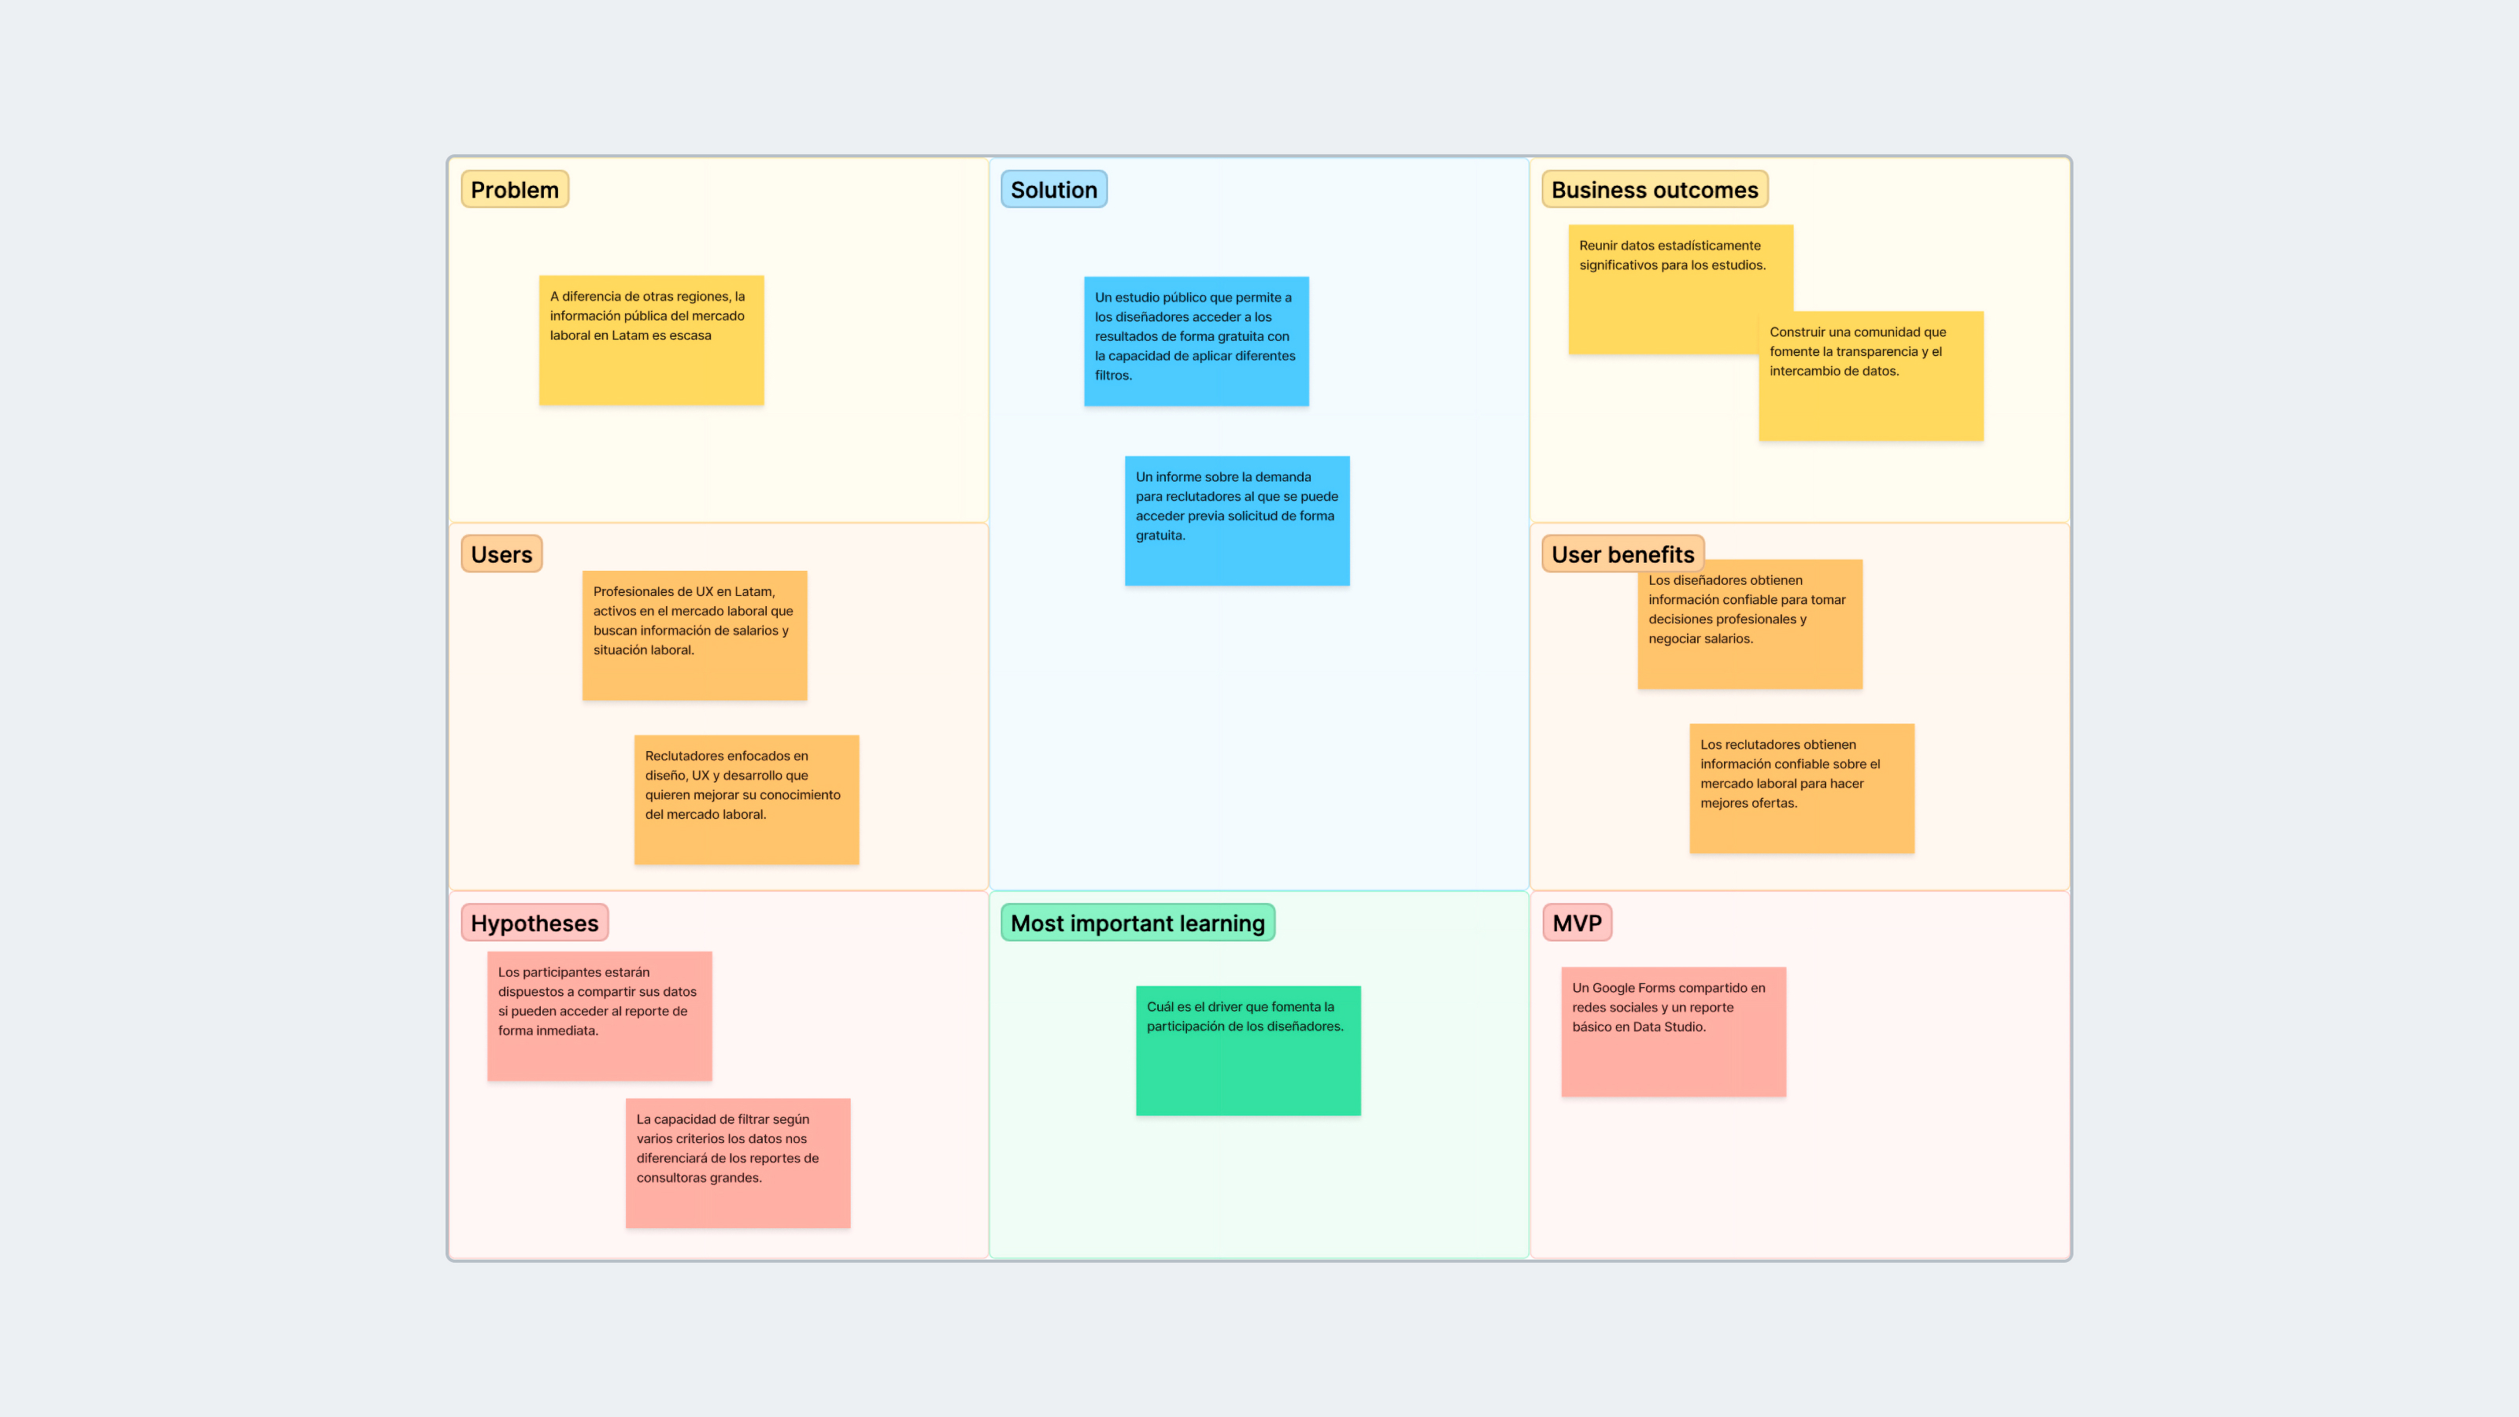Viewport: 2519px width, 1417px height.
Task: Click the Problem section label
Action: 514,190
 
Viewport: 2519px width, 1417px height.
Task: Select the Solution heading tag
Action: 1053,190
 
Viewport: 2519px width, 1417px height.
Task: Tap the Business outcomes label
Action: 1654,190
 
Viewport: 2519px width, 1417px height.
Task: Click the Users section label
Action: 501,554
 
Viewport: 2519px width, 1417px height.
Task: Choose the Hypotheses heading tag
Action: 534,923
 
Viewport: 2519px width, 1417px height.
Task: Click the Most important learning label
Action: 1137,923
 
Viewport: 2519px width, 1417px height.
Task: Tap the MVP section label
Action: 1576,923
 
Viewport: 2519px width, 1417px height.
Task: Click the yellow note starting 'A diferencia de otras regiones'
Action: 651,340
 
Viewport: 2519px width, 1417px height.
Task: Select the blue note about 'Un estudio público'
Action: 1196,342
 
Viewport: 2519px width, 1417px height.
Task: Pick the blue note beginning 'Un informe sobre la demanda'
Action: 1237,521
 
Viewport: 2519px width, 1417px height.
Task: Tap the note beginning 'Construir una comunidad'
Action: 1870,376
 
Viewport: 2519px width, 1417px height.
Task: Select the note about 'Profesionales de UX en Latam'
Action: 694,635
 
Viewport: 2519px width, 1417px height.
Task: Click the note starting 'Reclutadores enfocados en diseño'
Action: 746,800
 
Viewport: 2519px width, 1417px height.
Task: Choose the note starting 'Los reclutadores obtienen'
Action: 1801,788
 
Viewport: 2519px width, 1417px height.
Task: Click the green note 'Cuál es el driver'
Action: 1248,1050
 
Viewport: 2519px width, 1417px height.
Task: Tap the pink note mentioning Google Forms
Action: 1673,1032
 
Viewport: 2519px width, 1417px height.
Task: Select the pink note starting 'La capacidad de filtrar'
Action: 738,1163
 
